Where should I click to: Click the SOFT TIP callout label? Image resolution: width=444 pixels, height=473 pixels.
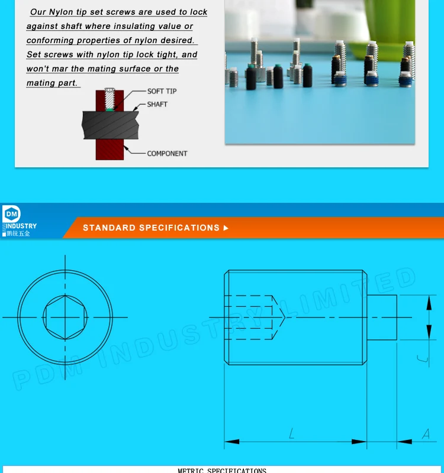[162, 91]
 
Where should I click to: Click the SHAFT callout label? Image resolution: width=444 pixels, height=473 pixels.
[157, 104]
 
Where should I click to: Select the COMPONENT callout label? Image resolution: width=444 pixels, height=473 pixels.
[167, 153]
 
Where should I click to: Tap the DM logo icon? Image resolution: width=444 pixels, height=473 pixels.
[11, 214]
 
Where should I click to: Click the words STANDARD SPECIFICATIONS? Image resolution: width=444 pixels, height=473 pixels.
[151, 228]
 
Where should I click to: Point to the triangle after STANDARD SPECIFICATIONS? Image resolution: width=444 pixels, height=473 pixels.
[226, 228]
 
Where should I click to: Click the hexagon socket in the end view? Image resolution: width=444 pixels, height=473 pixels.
[65, 317]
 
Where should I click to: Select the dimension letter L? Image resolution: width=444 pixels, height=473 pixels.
[292, 435]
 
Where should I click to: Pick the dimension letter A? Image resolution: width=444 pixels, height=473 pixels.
[425, 435]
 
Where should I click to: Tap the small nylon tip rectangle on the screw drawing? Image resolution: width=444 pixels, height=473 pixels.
[382, 317]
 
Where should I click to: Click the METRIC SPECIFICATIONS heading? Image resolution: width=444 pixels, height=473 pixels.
[222, 470]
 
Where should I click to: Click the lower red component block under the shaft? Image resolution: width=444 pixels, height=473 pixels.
[110, 150]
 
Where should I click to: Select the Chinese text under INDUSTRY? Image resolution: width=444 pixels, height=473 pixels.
[18, 234]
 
